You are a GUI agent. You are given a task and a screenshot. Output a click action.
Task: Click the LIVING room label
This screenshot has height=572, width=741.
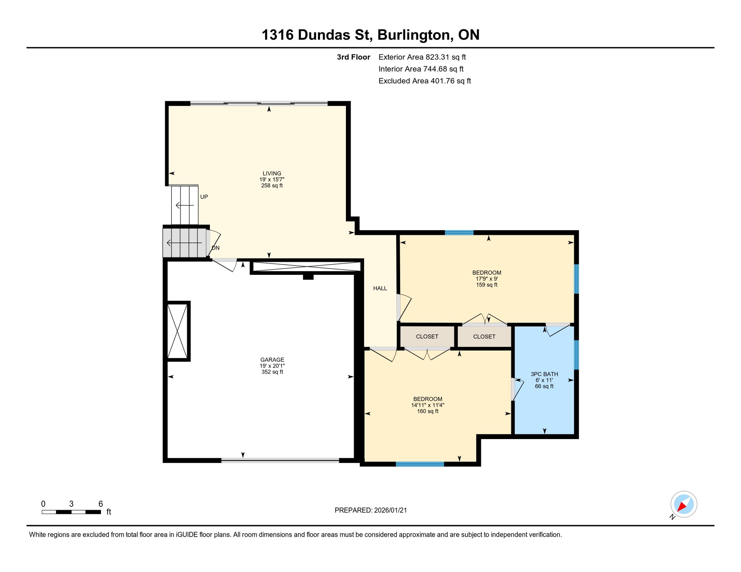point(272,174)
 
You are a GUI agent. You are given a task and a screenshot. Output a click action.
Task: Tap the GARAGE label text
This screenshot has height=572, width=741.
point(272,360)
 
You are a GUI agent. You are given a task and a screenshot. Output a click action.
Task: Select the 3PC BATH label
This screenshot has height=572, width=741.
point(544,374)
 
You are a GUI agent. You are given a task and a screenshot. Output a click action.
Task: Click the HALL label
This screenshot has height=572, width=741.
point(380,288)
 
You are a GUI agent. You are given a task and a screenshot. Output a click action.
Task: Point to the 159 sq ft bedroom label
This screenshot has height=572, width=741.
point(486,279)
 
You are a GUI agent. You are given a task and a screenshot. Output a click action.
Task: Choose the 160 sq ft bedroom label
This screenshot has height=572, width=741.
point(428,405)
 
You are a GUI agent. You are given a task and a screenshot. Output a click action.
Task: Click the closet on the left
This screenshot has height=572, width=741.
point(427,337)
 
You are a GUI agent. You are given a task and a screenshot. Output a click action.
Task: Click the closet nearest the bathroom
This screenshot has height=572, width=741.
point(484,337)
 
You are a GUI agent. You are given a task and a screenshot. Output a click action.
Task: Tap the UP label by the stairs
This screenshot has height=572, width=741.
point(204,197)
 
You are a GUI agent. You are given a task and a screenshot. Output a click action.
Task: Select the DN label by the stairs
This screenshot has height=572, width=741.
point(215,248)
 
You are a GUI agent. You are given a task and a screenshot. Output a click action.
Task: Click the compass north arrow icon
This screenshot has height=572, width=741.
point(684,505)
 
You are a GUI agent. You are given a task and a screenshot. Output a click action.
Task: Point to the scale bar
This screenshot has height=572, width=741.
point(71,512)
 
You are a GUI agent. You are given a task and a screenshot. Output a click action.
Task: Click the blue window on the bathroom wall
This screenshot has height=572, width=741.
point(576,355)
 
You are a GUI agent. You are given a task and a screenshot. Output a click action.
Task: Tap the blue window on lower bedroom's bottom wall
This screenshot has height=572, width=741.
point(420,464)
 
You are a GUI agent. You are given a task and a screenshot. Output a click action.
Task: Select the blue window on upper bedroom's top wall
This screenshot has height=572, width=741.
point(459,233)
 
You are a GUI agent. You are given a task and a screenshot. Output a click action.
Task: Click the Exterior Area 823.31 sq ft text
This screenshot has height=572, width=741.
point(422,57)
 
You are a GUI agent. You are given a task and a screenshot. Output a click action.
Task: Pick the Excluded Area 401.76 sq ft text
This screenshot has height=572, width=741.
point(425,81)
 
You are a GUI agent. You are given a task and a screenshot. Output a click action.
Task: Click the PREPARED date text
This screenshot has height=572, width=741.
point(370,510)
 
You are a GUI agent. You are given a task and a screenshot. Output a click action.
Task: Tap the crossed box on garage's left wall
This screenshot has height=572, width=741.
point(178,331)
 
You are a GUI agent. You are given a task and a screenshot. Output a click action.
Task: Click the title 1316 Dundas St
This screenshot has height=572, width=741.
point(317,35)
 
